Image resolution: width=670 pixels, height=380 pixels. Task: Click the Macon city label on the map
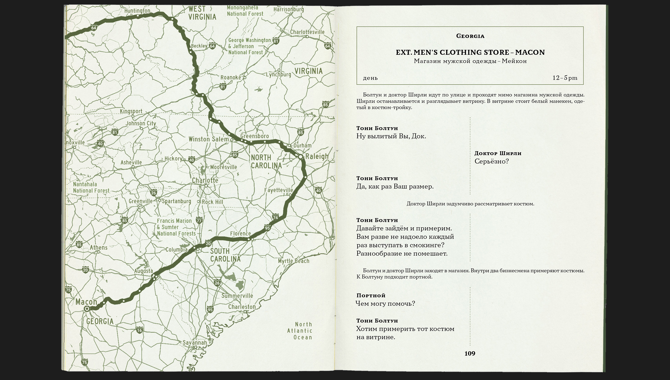pyautogui.click(x=86, y=302)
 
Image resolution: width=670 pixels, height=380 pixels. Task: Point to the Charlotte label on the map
pyautogui.click(x=205, y=180)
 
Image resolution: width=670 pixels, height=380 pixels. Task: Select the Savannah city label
pyautogui.click(x=195, y=342)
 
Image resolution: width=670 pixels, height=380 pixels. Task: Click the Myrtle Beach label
pyautogui.click(x=294, y=261)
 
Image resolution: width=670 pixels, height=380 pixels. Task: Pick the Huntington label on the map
pyautogui.click(x=137, y=11)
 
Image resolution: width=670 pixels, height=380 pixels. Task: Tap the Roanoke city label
pyautogui.click(x=231, y=78)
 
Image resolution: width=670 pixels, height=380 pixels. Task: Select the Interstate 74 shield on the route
pyautogui.click(x=275, y=217)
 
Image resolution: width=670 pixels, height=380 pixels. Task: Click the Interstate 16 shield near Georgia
pyautogui.click(x=140, y=330)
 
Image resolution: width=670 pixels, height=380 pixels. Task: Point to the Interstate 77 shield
pyautogui.click(x=199, y=220)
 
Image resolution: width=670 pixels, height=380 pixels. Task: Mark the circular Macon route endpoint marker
pyautogui.click(x=87, y=309)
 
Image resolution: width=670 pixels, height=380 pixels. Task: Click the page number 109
pyautogui.click(x=470, y=353)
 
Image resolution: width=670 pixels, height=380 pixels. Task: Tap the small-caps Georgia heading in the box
pyautogui.click(x=470, y=36)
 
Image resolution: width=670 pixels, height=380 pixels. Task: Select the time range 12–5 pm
pyautogui.click(x=565, y=78)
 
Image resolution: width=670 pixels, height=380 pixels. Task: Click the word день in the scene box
pyautogui.click(x=370, y=78)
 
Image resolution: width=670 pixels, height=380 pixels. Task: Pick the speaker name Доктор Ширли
pyautogui.click(x=498, y=153)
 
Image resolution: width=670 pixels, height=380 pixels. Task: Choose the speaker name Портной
pyautogui.click(x=371, y=295)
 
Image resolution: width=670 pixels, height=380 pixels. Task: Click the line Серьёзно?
pyautogui.click(x=491, y=161)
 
